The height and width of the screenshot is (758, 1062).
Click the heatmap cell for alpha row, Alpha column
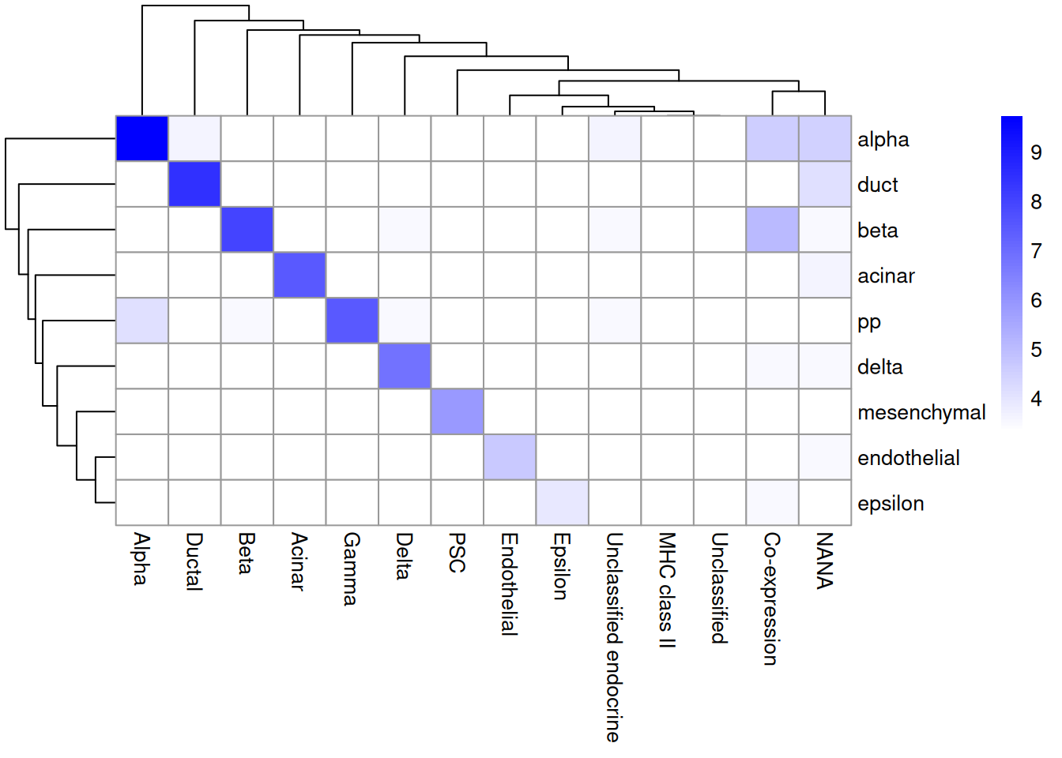click(x=142, y=139)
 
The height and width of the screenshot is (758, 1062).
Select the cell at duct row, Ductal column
click(x=194, y=184)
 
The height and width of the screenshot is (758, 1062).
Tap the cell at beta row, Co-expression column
click(x=772, y=230)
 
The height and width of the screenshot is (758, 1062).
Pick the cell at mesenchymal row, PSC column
click(x=458, y=411)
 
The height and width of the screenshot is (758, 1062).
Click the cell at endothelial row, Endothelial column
click(x=510, y=457)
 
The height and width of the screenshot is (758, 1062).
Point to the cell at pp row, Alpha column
click(x=142, y=321)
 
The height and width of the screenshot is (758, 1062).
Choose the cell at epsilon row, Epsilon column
click(x=562, y=502)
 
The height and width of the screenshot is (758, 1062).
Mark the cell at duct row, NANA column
click(x=825, y=184)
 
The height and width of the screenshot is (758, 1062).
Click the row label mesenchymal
click(x=921, y=412)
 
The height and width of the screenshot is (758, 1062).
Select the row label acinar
click(x=886, y=276)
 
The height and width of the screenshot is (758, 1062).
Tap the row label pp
click(x=868, y=322)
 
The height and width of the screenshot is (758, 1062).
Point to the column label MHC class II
click(x=667, y=590)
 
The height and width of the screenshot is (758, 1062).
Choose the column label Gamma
click(x=352, y=568)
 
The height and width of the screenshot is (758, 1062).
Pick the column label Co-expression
click(x=772, y=599)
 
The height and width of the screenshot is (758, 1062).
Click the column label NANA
click(x=825, y=561)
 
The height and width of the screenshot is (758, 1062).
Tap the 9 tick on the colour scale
click(x=1036, y=152)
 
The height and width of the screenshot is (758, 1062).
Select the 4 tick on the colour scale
click(x=1036, y=399)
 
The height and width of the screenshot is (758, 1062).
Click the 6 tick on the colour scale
click(x=1036, y=300)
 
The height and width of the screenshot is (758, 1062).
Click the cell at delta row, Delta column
click(x=405, y=366)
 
